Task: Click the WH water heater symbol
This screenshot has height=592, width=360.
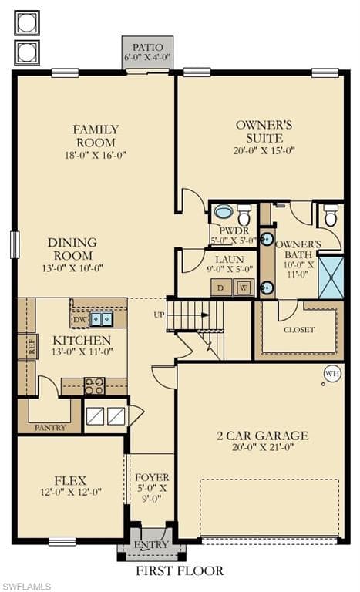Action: tap(333, 374)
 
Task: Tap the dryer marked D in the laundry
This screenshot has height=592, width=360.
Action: tap(221, 288)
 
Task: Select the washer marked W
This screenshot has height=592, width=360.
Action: tap(244, 288)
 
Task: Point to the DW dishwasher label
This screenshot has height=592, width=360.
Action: tap(79, 320)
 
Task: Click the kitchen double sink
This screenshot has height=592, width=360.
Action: tap(101, 319)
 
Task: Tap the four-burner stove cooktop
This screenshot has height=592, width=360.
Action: tap(95, 386)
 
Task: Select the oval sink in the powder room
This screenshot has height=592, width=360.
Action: tap(224, 211)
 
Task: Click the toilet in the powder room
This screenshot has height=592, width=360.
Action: tap(244, 214)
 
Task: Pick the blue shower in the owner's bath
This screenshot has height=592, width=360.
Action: tap(331, 277)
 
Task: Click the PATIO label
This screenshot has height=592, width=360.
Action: tap(148, 48)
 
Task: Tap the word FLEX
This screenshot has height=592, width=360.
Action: tap(71, 481)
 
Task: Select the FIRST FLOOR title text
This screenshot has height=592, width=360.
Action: tap(180, 571)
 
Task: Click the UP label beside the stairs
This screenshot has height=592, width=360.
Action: tap(159, 314)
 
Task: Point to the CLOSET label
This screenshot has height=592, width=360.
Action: tap(299, 330)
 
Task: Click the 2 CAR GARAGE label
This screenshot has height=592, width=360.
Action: tap(263, 436)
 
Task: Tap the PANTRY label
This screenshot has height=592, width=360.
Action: tap(50, 427)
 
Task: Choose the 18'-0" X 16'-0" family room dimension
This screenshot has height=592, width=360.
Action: tap(95, 155)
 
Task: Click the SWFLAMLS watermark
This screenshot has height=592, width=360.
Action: tap(25, 587)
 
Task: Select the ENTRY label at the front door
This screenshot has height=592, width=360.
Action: tap(151, 544)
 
